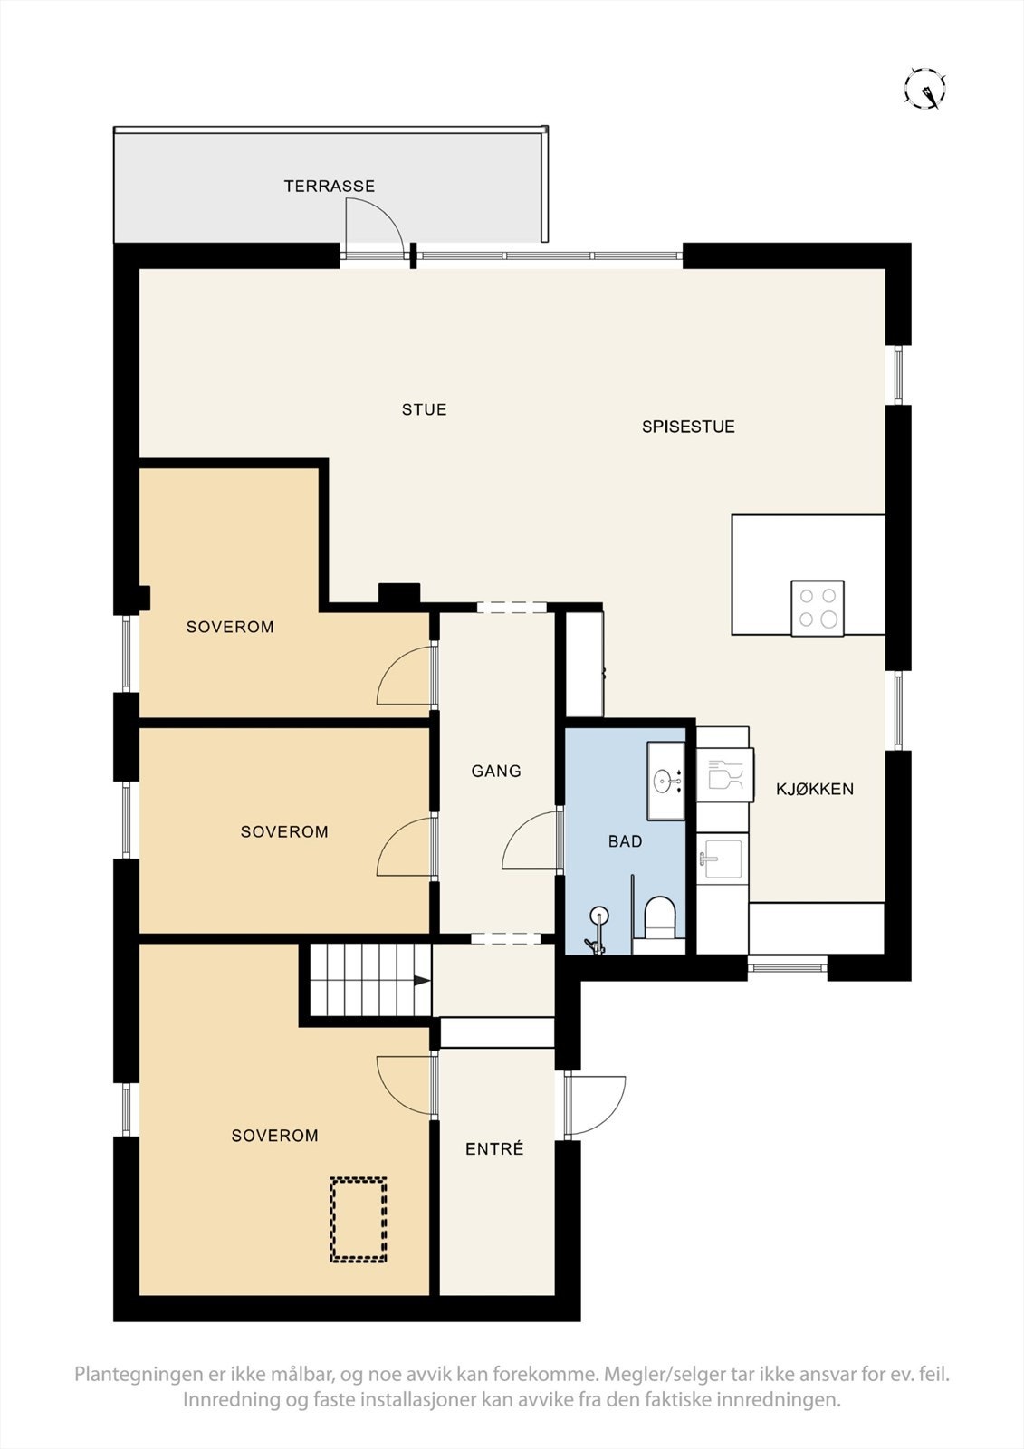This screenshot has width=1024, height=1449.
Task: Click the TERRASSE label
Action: (x=330, y=187)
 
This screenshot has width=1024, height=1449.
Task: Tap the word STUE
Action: (x=425, y=409)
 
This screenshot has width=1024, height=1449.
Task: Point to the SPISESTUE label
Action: (x=688, y=427)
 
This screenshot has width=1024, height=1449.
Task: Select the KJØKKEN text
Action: (x=815, y=789)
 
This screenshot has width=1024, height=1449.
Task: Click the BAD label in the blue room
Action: (x=626, y=841)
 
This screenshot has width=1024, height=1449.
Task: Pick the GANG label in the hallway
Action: (x=496, y=771)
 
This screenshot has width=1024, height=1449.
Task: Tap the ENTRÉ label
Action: (x=495, y=1149)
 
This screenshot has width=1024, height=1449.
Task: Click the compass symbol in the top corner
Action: (x=925, y=87)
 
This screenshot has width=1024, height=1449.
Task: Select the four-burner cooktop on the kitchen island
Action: (x=818, y=608)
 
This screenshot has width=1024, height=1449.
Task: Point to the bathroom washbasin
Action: (x=665, y=781)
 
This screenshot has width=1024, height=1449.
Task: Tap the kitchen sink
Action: (x=722, y=859)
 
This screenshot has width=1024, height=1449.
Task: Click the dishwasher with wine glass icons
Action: (x=724, y=775)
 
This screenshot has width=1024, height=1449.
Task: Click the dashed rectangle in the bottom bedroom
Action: (x=359, y=1220)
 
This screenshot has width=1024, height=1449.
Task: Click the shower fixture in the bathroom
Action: (x=598, y=929)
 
